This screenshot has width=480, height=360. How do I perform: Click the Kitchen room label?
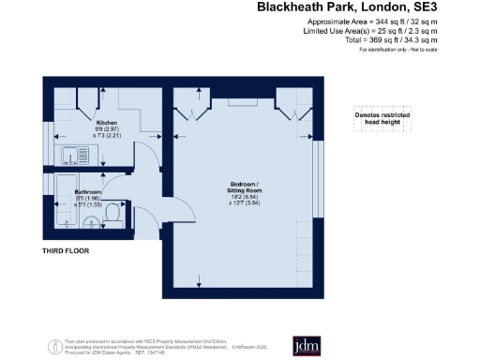click(x=106, y=123)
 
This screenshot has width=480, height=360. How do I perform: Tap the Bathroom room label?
click(x=88, y=192)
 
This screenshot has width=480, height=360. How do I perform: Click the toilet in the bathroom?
click(x=111, y=216)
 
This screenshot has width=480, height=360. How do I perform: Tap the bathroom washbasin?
click(x=87, y=222)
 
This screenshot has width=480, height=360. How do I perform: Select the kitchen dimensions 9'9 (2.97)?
click(x=107, y=130)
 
